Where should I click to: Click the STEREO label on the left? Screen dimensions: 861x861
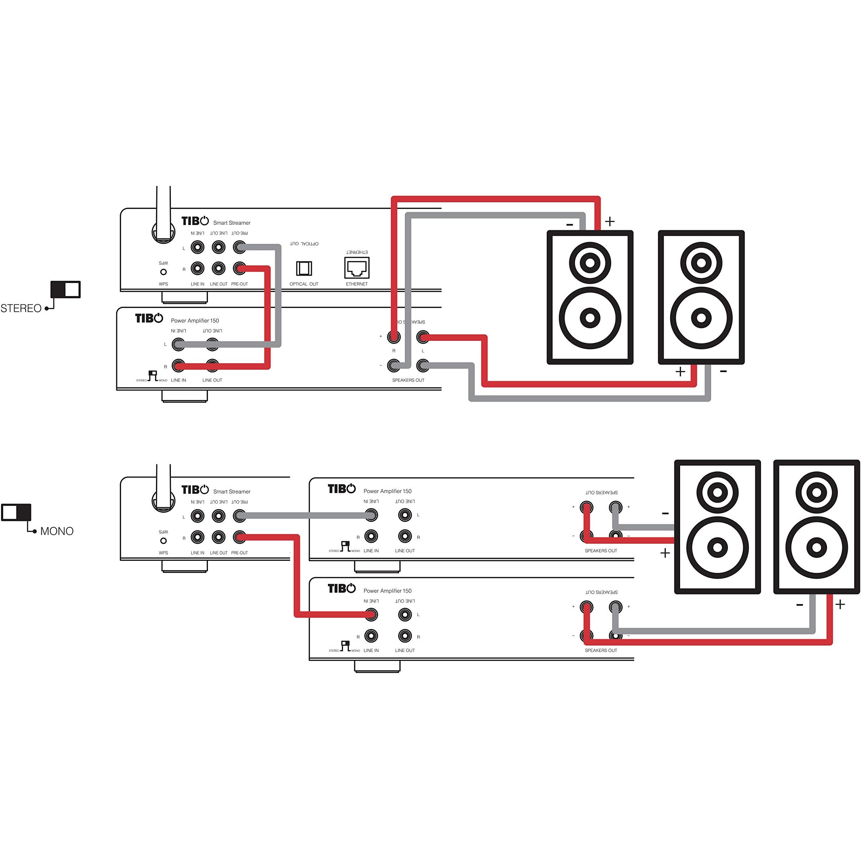[21, 308]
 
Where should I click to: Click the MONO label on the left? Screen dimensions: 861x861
[57, 531]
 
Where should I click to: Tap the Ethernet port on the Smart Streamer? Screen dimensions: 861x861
[356, 268]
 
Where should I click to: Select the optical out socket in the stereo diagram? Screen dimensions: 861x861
[304, 268]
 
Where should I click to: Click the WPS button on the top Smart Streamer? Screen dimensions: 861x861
[163, 272]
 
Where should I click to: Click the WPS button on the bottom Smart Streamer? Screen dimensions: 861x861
[163, 541]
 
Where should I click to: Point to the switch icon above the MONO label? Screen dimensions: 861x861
[16, 512]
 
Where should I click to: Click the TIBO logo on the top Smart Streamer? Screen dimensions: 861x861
[195, 221]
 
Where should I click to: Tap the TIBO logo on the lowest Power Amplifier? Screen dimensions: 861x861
[341, 588]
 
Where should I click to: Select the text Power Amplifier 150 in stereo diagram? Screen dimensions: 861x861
[195, 320]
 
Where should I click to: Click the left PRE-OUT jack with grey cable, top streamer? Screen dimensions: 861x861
[239, 247]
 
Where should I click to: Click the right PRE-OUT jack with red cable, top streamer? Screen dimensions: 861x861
[239, 268]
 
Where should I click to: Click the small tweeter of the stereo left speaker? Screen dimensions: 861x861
[590, 262]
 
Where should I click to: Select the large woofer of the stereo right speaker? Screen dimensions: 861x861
[701, 318]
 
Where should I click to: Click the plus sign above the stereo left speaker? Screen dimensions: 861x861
[610, 221]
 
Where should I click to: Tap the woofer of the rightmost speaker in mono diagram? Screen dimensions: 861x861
[816, 548]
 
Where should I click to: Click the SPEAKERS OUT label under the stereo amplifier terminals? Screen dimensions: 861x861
[408, 380]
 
